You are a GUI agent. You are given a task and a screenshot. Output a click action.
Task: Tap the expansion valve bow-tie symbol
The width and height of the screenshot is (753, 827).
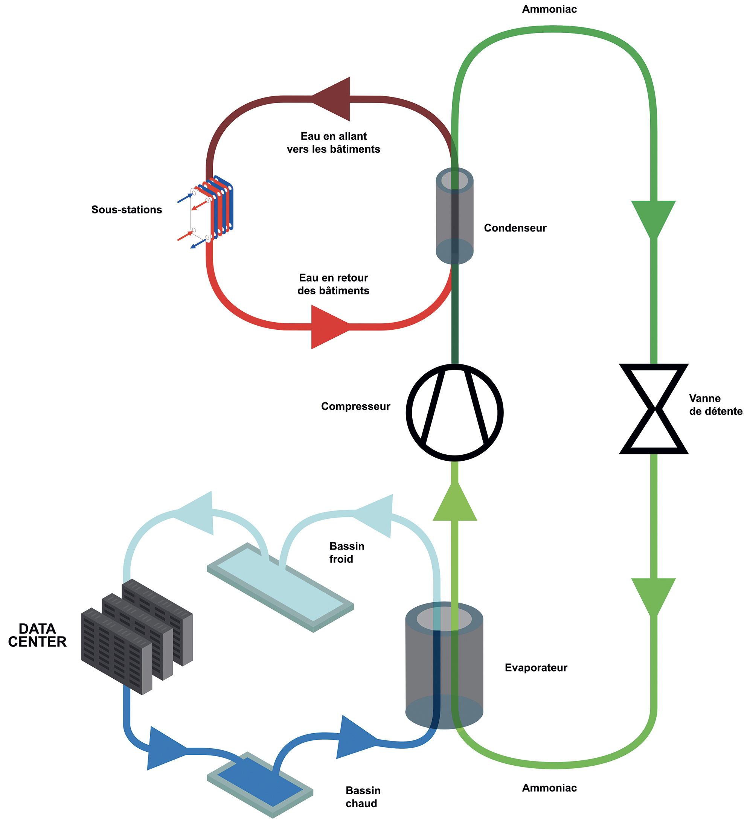coord(654,409)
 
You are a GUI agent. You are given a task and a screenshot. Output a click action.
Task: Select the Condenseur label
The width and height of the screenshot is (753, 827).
coord(515,228)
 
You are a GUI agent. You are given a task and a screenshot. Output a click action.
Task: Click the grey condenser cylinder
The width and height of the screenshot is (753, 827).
coord(455,216)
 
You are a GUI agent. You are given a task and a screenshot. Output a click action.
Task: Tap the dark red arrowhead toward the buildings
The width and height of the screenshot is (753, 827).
coord(331,99)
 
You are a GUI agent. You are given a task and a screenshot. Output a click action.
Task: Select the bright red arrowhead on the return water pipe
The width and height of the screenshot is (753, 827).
coord(331,327)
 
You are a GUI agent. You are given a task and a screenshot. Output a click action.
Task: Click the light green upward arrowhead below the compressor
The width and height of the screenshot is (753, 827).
coord(455,501)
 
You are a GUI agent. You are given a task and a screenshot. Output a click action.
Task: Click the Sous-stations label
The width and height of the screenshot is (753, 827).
coord(127,210)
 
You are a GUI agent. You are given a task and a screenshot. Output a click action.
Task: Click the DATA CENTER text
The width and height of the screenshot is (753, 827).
coord(37,635)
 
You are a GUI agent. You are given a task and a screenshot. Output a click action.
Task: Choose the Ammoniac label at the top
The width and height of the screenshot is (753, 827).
coord(549,9)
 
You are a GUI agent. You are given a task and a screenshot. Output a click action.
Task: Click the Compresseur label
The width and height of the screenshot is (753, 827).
coord(356,407)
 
